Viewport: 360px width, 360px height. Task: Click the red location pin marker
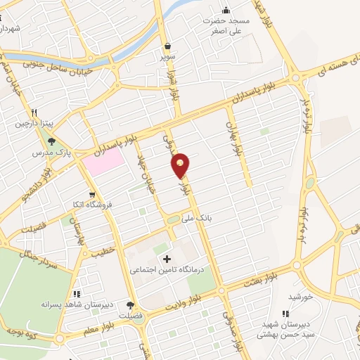pos(181,165)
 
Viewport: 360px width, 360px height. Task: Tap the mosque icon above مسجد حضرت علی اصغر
pos(226,10)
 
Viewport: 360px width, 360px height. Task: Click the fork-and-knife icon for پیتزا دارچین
pos(32,112)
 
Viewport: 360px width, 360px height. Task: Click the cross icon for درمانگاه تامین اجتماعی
pos(167,259)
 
